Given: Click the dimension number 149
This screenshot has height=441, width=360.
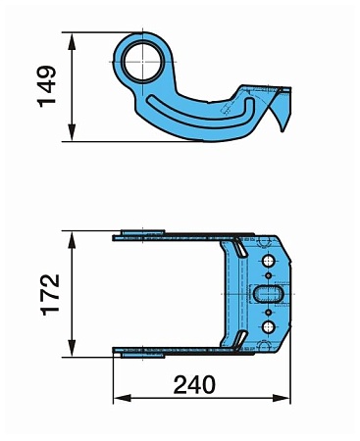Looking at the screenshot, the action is [x=47, y=86].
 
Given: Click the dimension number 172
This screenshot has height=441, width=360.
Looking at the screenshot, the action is [x=50, y=295].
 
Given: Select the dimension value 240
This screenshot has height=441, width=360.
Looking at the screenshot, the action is [x=194, y=385].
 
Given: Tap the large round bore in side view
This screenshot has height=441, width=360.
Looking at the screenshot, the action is [x=143, y=62].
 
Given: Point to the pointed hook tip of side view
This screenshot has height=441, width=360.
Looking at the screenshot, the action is [x=282, y=132].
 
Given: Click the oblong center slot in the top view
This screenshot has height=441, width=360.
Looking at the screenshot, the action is [x=269, y=294].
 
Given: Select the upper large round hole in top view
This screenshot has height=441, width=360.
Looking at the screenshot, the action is [x=269, y=261].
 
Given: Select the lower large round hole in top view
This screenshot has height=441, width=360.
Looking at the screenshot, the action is [x=269, y=326].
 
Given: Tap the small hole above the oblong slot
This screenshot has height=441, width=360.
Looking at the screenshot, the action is [x=269, y=276].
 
